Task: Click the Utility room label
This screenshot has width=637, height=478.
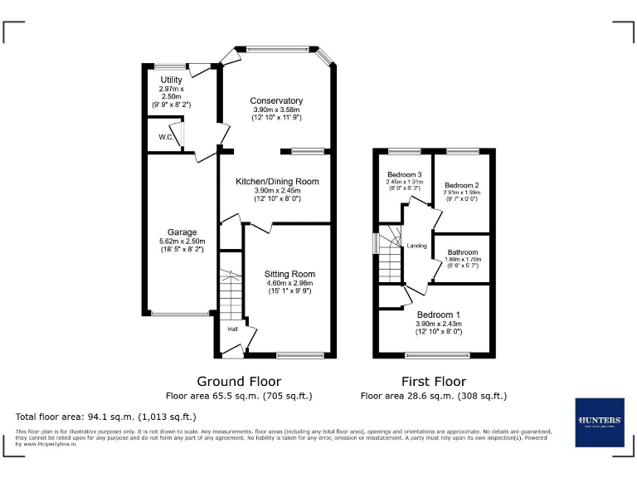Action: tap(171, 80)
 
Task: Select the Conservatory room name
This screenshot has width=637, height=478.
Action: tap(276, 101)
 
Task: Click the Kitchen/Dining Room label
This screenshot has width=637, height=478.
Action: tap(276, 182)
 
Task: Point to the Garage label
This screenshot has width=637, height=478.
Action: tap(182, 232)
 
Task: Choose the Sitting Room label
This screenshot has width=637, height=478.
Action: tap(289, 274)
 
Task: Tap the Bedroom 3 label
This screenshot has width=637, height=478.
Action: tap(405, 174)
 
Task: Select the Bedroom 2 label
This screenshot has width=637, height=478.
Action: tap(462, 185)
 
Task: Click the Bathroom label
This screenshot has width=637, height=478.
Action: tap(462, 252)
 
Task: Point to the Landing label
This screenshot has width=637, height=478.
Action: tap(416, 246)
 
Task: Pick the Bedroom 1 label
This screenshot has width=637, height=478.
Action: tap(440, 315)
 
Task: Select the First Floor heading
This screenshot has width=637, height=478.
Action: tap(433, 382)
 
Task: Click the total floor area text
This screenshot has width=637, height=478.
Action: tap(106, 417)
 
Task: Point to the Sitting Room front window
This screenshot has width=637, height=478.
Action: tap(300, 355)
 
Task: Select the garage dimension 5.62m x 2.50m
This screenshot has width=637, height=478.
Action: tap(182, 241)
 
